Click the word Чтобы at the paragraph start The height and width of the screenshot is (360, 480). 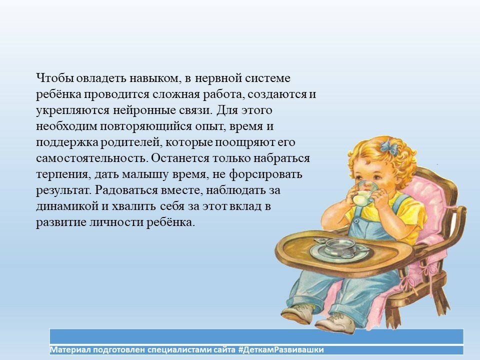(55, 78)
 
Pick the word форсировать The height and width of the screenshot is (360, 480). (265, 174)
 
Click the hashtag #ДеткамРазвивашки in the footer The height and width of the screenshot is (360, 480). (280, 349)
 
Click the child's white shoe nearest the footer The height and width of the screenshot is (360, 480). (335, 324)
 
